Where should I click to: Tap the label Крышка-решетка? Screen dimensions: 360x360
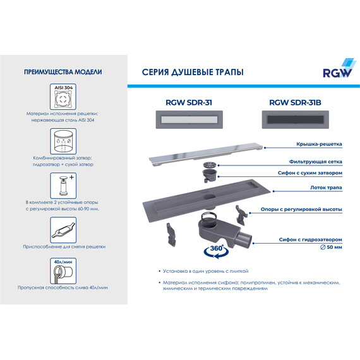(x=316, y=145)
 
